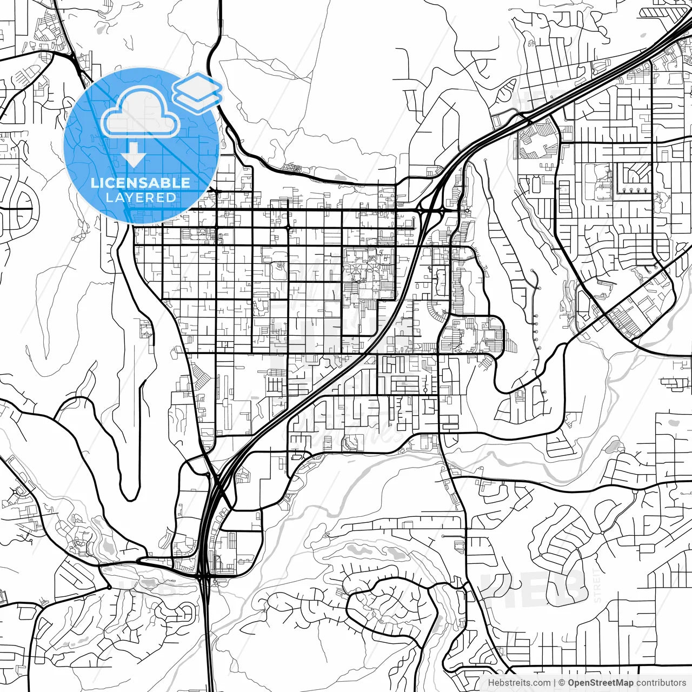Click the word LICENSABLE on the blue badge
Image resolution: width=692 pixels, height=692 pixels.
tap(141, 183)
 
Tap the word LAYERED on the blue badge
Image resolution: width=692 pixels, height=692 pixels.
tap(141, 198)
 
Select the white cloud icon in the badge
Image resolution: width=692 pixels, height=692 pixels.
tap(141, 114)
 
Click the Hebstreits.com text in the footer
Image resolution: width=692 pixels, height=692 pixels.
tap(519, 683)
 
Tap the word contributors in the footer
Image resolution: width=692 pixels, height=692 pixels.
tap(661, 683)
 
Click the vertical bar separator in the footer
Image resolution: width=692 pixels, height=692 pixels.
tap(555, 683)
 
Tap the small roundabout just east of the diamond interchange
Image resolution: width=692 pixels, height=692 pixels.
tap(465, 211)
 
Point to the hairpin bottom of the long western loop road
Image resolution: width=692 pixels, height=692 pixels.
tap(129, 495)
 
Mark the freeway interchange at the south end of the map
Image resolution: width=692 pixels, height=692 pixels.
tap(204, 576)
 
